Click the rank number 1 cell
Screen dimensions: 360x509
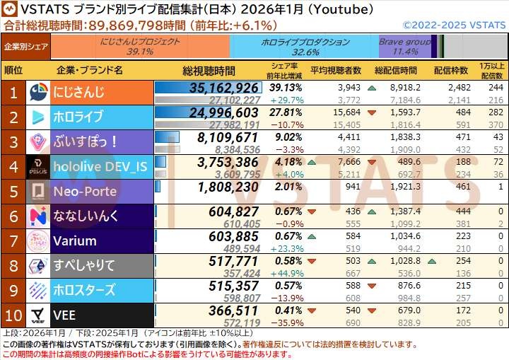[13, 93]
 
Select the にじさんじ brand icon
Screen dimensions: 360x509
[40, 93]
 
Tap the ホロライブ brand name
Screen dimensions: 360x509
[78, 117]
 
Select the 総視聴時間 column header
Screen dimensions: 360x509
[209, 71]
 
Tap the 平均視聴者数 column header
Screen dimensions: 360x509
[336, 71]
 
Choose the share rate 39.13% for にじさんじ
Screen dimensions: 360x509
[286, 88]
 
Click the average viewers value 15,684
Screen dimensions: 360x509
[346, 112]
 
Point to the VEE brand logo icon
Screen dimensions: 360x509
[40, 315]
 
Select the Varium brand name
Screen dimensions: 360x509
[74, 241]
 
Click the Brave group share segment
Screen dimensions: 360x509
[404, 47]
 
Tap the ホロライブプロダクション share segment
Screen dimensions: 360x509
[304, 47]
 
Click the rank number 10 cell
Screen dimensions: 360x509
[13, 315]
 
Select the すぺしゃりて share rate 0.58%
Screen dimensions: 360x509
[286, 261]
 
